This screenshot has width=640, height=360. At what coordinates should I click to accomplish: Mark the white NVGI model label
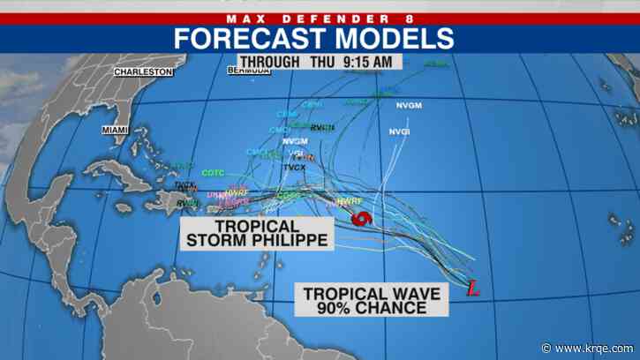[x=401, y=131]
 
